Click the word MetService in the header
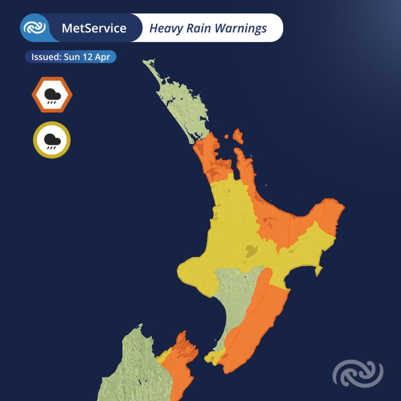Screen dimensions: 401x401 click(x=94, y=28)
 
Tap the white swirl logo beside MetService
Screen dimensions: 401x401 click(x=35, y=28)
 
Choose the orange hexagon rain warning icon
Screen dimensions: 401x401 click(x=52, y=95)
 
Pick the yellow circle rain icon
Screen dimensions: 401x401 click(x=52, y=140)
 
